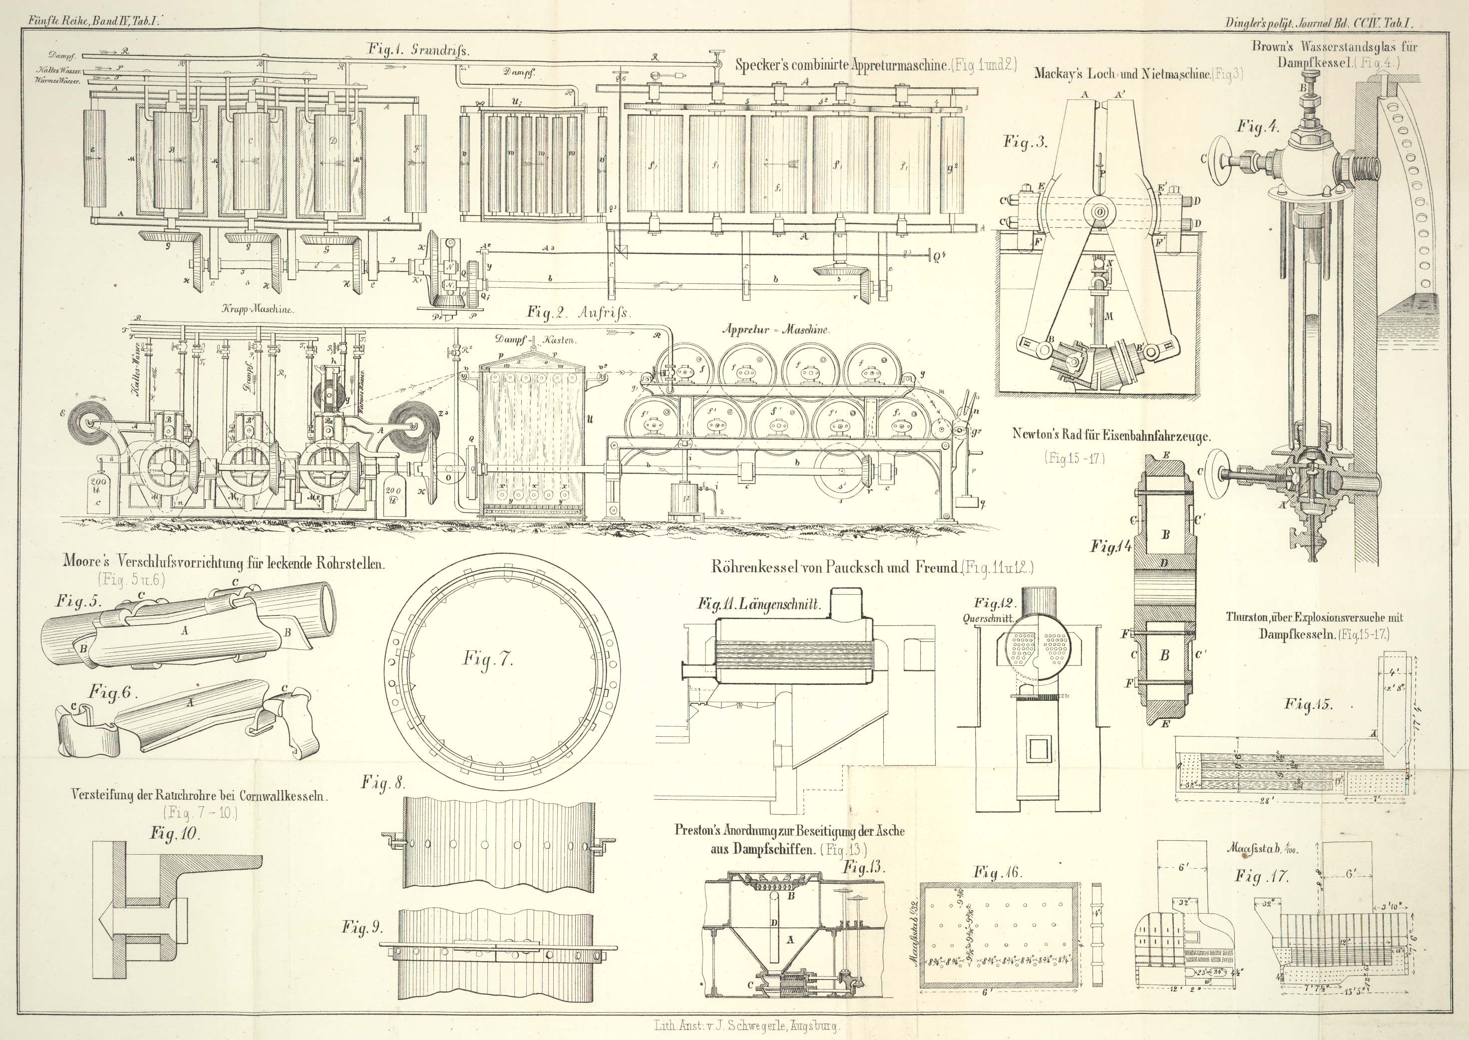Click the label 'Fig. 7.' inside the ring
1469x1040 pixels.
click(x=488, y=661)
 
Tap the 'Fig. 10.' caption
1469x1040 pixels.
click(x=175, y=834)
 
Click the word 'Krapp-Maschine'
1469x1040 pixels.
click(x=258, y=309)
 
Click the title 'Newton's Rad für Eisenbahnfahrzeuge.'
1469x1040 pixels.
click(x=1111, y=435)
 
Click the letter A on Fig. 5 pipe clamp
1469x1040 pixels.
click(x=185, y=631)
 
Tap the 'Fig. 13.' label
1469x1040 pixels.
click(x=863, y=868)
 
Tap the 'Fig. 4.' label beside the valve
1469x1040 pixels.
click(x=1257, y=126)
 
